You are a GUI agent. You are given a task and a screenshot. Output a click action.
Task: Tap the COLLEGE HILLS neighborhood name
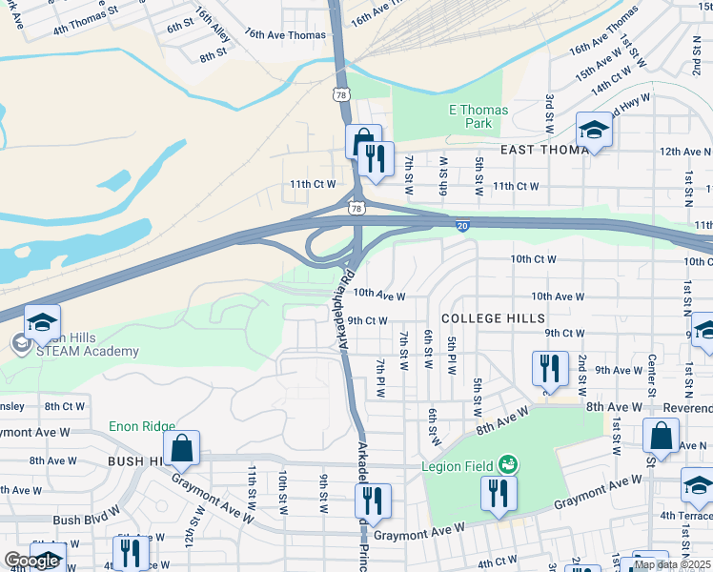click(493, 317)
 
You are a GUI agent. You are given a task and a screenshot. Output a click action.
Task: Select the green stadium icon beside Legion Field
click(508, 465)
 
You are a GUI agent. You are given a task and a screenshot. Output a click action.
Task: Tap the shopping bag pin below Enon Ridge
click(181, 448)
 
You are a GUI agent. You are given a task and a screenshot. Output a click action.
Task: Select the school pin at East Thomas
click(594, 131)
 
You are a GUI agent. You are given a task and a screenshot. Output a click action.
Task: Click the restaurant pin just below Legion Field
click(499, 494)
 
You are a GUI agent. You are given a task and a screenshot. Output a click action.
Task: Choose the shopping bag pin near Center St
click(661, 436)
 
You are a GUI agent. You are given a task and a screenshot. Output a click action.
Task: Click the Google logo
click(31, 561)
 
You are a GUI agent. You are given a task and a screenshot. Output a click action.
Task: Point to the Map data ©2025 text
click(671, 564)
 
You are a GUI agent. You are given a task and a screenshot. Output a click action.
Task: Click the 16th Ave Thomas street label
click(285, 34)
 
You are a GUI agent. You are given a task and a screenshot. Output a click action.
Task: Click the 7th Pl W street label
click(380, 379)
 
